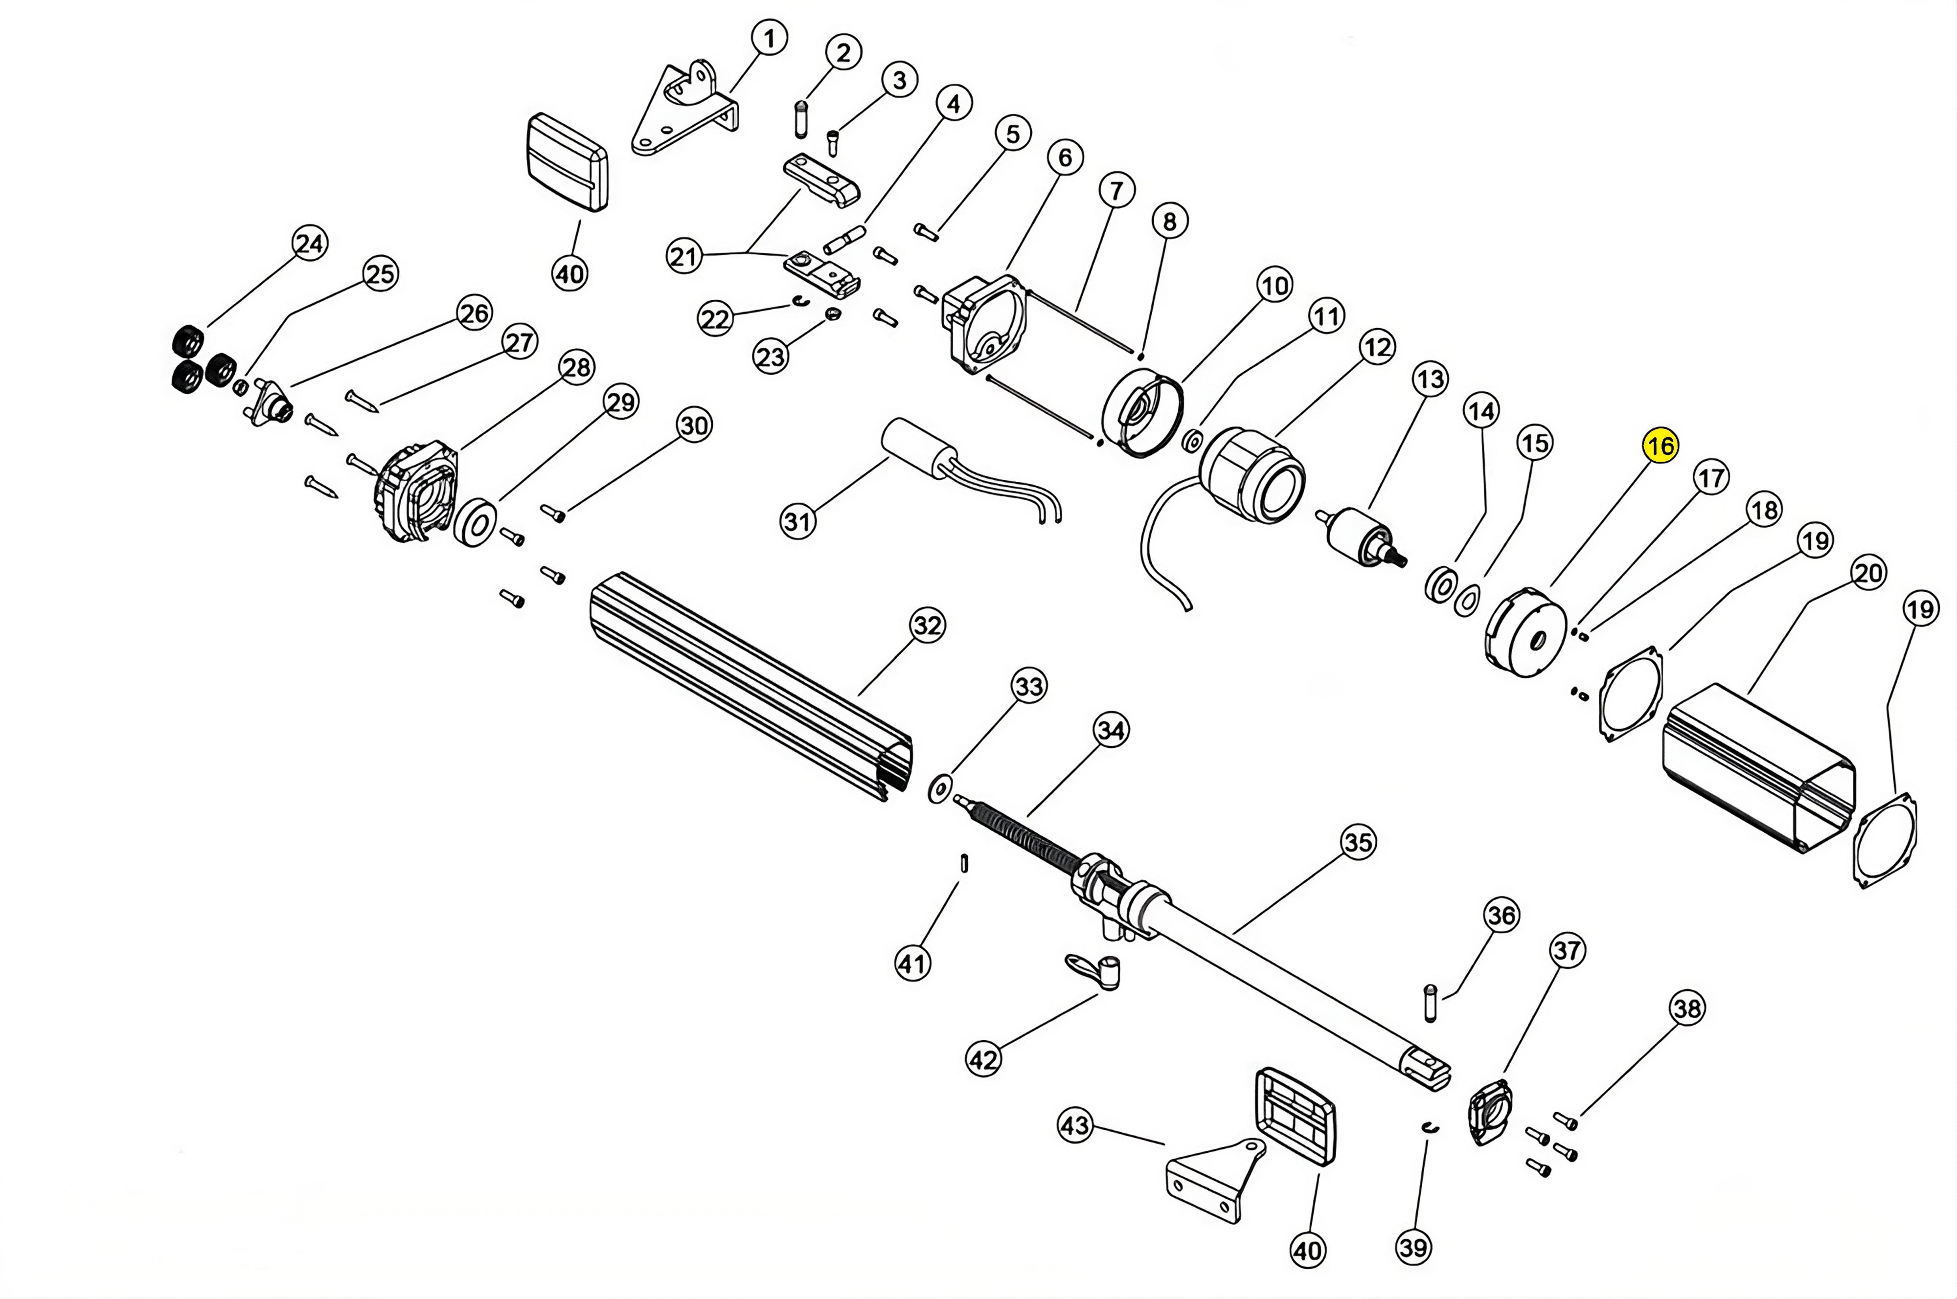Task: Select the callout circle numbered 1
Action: click(x=770, y=38)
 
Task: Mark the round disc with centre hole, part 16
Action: click(x=1525, y=634)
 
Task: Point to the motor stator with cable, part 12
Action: click(x=1251, y=476)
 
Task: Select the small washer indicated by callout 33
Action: click(x=939, y=789)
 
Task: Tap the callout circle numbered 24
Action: click(x=310, y=244)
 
